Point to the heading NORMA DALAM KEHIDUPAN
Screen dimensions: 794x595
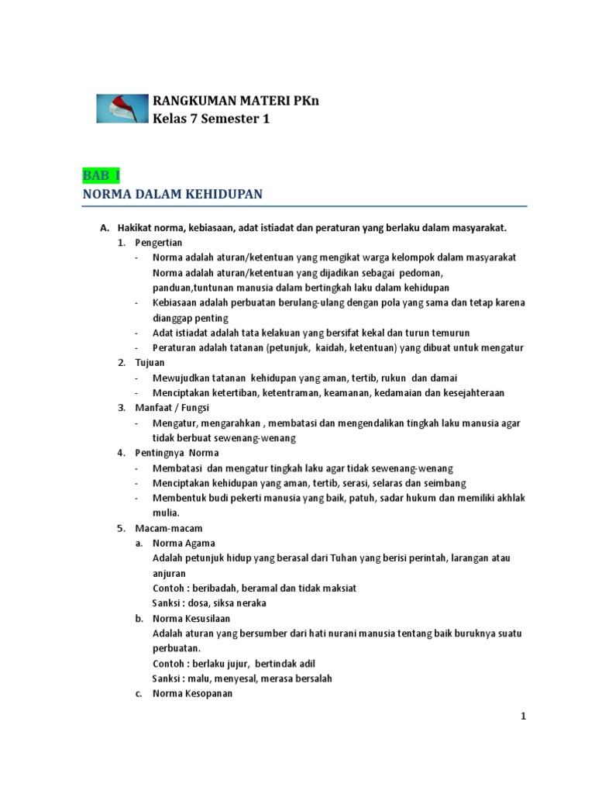(172, 195)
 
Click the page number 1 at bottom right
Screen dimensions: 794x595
(524, 716)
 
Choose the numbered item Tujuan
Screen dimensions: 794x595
(150, 363)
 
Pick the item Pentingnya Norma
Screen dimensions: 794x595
(177, 453)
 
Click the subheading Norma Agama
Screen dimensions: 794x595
(184, 543)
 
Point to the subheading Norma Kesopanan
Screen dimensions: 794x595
(192, 694)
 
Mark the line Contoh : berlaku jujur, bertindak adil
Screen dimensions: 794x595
(234, 664)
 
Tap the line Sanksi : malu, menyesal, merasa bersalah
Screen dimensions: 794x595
(242, 678)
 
